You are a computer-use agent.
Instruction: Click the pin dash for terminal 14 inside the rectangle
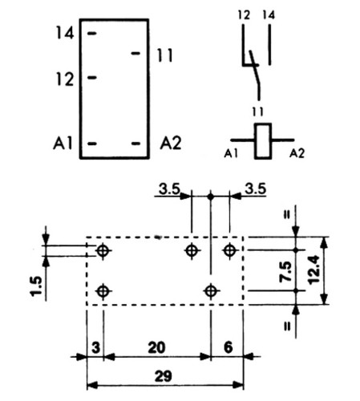pos(92,34)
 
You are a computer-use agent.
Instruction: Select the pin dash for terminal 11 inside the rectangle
pos(136,53)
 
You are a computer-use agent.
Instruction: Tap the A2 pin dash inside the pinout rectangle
pos(136,144)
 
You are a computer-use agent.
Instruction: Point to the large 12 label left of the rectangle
pos(65,79)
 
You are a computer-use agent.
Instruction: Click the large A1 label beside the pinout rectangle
pos(63,143)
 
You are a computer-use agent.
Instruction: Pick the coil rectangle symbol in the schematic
pos(263,141)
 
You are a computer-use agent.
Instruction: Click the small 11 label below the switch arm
pos(257,111)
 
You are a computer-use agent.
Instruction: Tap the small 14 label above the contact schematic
pos(269,15)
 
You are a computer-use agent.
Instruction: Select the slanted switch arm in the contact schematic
pos(255,75)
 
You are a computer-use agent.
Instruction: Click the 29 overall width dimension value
pos(164,376)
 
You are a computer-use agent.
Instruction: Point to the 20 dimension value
pos(156,347)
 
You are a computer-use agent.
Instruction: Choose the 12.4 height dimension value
pos(314,270)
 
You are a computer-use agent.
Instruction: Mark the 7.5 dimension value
pos(285,272)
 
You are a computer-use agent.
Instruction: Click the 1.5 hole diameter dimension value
pos(37,286)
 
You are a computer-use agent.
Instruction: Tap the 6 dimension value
pos(228,347)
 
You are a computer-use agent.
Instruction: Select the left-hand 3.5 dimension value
pos(169,189)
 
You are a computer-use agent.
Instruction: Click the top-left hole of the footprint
pos(103,251)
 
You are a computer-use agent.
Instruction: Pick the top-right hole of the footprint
pos(229,251)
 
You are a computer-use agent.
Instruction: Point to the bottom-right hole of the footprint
pos(211,291)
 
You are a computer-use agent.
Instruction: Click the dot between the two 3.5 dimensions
pos(211,196)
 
